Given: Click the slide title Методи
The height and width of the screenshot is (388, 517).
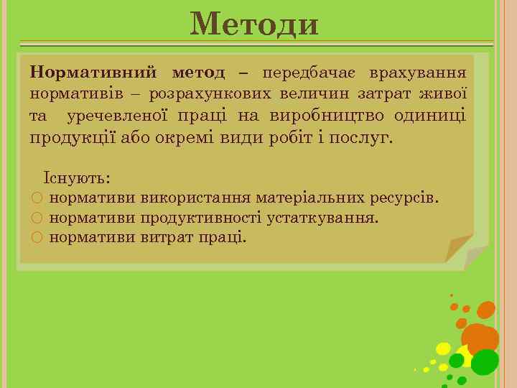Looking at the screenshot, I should pyautogui.click(x=254, y=24).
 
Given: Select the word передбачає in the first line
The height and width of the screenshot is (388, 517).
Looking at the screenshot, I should pyautogui.click(x=310, y=73).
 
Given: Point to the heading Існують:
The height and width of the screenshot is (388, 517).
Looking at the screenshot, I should pyautogui.click(x=77, y=177).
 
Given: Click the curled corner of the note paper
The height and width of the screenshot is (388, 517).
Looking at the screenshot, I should pyautogui.click(x=460, y=247).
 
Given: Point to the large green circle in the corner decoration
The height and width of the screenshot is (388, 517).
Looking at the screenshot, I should pyautogui.click(x=485, y=361).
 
